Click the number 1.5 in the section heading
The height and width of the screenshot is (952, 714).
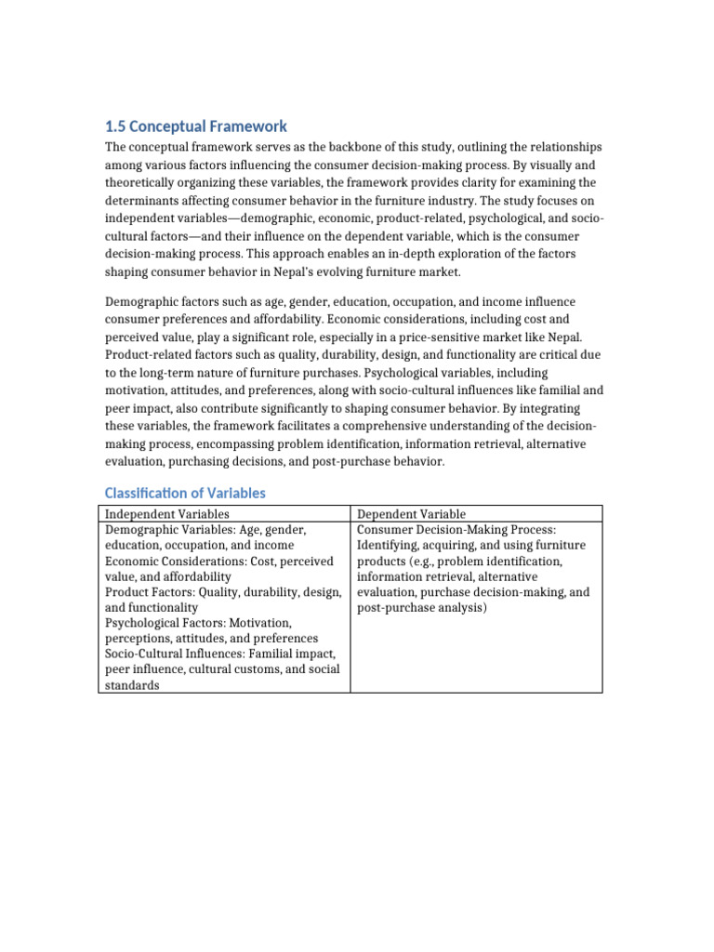point(114,126)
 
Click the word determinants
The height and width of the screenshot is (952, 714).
point(146,200)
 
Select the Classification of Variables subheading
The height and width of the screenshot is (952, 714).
point(185,494)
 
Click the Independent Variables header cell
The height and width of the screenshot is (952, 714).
point(167,514)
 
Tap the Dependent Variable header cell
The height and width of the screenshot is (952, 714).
point(412,514)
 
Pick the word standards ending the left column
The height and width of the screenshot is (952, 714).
point(132,686)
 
